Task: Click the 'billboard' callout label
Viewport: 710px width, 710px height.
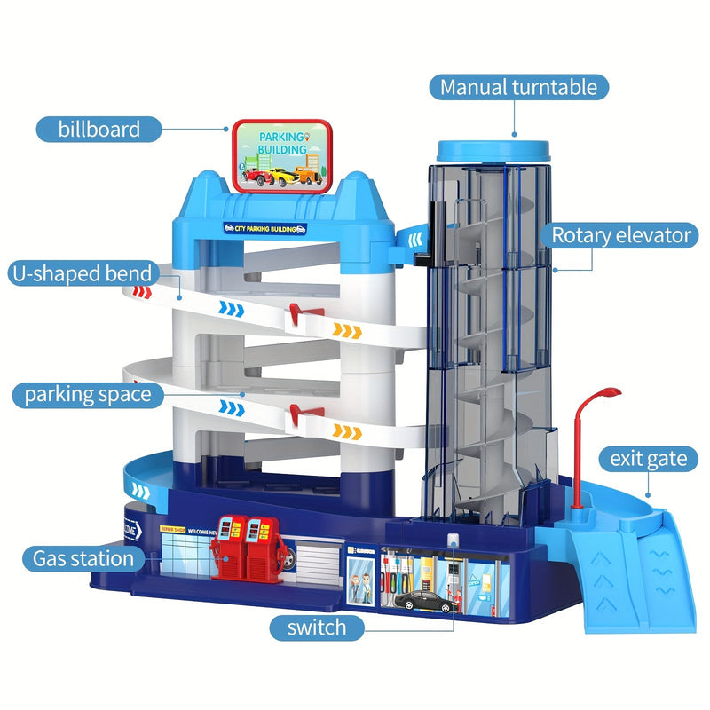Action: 99,129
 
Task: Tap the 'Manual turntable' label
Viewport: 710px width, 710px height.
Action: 519,87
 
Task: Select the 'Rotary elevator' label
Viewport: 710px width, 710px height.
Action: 620,235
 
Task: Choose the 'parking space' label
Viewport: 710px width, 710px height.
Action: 88,394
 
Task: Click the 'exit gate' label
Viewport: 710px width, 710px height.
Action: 648,458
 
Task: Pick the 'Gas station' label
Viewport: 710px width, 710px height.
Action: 83,558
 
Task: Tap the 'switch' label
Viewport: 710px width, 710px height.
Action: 316,628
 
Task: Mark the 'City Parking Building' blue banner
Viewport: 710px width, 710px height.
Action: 265,228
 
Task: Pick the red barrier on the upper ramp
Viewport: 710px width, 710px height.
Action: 297,312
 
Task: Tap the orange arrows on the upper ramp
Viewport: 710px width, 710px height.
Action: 348,331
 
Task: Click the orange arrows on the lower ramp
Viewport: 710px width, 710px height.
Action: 347,431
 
